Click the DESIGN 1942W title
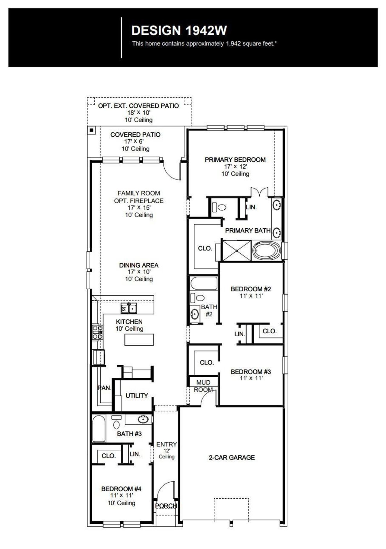[179, 30]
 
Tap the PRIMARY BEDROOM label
[235, 160]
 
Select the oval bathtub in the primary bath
[267, 250]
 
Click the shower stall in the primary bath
[236, 250]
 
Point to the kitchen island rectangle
[139, 340]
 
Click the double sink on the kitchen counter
[129, 309]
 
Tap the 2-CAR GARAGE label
[232, 457]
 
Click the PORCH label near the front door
[166, 506]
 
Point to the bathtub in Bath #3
[99, 428]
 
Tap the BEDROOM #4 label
[121, 489]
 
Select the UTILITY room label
[137, 395]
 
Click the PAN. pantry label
[104, 388]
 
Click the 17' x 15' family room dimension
[139, 208]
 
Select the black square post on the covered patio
[91, 130]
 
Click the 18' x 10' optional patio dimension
[139, 113]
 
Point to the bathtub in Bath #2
[204, 283]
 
